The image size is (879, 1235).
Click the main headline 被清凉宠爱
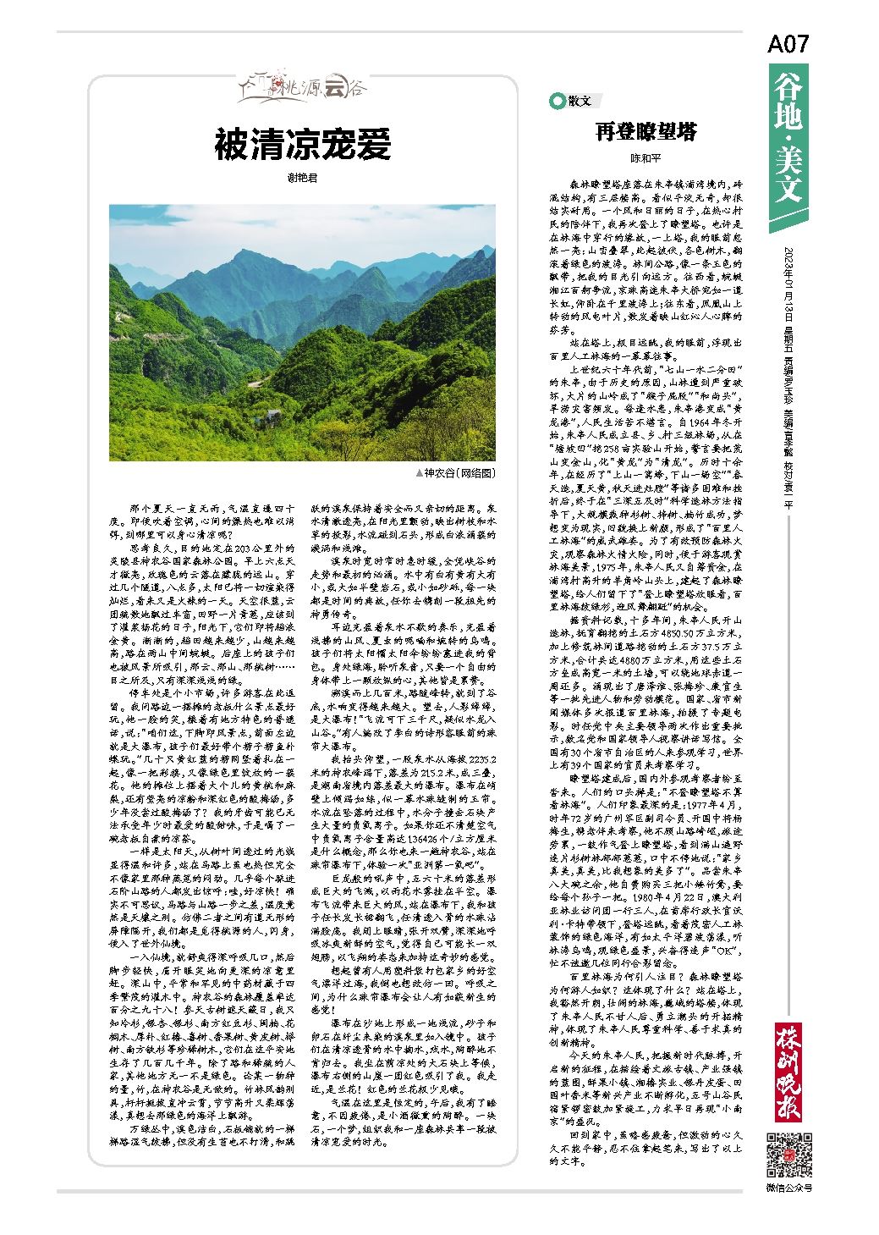click(x=302, y=145)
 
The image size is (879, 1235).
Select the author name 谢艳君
click(x=302, y=179)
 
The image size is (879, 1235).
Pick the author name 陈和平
click(x=646, y=158)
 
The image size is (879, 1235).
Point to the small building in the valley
click(x=270, y=416)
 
